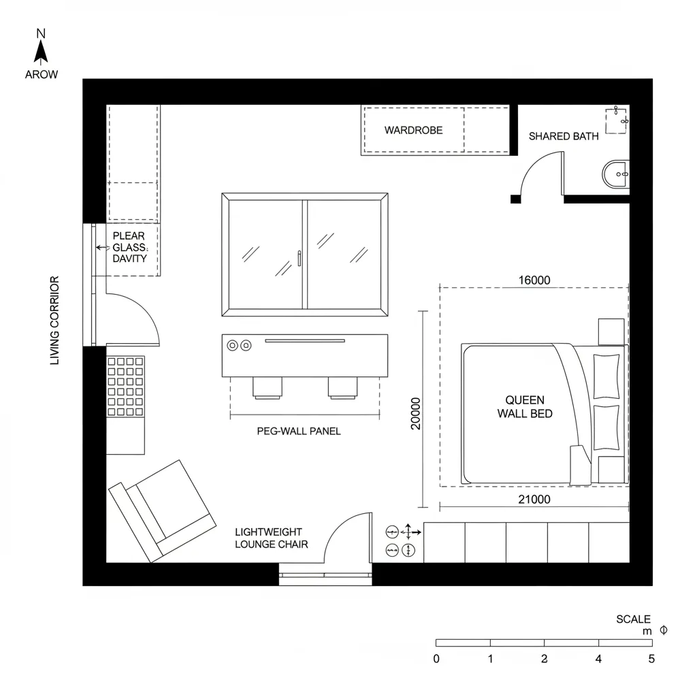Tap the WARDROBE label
pyautogui.click(x=413, y=130)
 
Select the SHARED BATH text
pyautogui.click(x=564, y=136)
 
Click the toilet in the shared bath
pyautogui.click(x=616, y=174)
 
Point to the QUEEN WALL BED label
pyautogui.click(x=524, y=407)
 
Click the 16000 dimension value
pyautogui.click(x=534, y=280)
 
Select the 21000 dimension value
pyautogui.click(x=534, y=500)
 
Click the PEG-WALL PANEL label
pyautogui.click(x=299, y=431)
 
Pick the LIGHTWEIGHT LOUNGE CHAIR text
pyautogui.click(x=271, y=538)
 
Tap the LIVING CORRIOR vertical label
pyautogui.click(x=55, y=320)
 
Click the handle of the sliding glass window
pyautogui.click(x=299, y=258)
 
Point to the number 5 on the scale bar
pyautogui.click(x=651, y=659)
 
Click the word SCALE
pyautogui.click(x=633, y=619)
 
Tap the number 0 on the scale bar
pyautogui.click(x=436, y=659)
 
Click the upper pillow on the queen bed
pyautogui.click(x=606, y=376)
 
